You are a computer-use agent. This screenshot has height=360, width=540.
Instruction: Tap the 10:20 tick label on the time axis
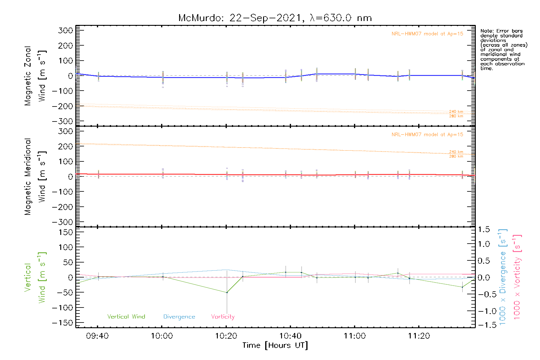(x=226, y=336)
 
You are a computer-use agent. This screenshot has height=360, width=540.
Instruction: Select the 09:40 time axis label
(x=97, y=336)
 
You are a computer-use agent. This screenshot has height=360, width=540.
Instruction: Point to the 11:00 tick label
(x=355, y=336)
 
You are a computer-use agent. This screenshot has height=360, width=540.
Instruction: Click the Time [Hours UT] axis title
(x=275, y=345)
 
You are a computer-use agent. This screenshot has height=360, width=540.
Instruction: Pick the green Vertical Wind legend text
(x=126, y=316)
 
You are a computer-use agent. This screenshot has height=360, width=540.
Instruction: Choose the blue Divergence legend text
(x=179, y=317)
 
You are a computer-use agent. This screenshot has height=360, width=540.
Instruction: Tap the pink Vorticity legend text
(x=223, y=316)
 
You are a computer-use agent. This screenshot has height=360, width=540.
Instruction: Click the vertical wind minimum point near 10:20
(x=227, y=292)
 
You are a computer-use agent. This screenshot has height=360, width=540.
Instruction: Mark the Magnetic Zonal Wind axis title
(x=35, y=76)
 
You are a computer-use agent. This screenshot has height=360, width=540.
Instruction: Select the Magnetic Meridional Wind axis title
(x=35, y=177)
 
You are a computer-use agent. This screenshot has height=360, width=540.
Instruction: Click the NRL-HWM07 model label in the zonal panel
(x=427, y=34)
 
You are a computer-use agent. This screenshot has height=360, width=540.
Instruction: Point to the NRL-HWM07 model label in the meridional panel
(x=427, y=135)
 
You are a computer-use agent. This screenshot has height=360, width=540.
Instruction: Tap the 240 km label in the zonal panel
(x=456, y=112)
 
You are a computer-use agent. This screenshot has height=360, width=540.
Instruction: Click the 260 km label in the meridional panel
(x=456, y=156)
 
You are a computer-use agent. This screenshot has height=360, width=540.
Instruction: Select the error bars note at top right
(x=503, y=49)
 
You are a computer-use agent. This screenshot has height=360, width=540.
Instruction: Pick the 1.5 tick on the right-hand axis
(x=484, y=229)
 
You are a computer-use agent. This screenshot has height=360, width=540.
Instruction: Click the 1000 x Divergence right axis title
(x=503, y=277)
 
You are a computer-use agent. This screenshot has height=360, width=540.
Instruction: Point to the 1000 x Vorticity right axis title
(x=517, y=277)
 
